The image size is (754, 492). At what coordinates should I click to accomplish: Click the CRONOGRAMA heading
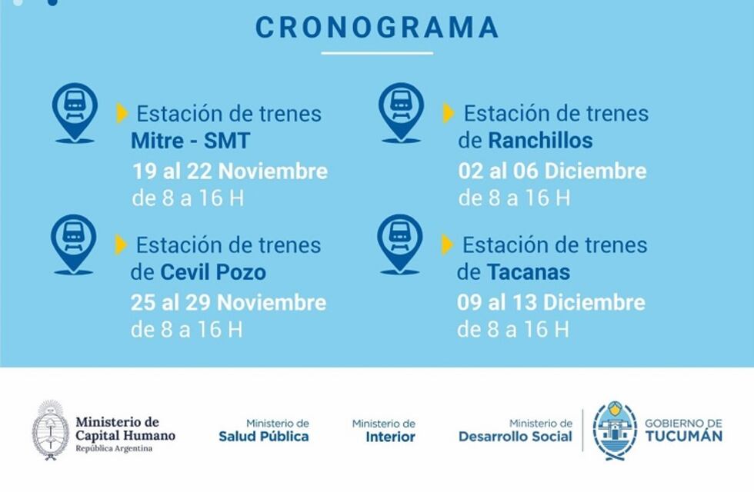coord(377,28)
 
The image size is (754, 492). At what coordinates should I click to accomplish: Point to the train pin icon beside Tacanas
coord(400,241)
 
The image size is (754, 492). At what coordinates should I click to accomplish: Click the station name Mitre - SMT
coord(191,141)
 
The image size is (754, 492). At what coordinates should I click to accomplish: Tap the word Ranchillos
coord(540,141)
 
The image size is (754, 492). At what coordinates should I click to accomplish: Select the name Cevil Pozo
coord(213,272)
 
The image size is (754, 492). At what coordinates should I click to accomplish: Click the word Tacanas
coord(528,272)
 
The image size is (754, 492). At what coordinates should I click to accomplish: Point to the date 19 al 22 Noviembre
coord(230,171)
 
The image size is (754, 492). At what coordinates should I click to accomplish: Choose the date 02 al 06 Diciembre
coord(552,170)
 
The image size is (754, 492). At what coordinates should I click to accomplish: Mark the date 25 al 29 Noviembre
coord(229,302)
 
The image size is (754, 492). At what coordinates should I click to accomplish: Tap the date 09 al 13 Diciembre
coord(551,302)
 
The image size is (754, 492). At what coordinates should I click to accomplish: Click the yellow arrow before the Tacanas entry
coord(447,244)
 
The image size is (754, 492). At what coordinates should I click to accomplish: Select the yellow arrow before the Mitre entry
coord(122,113)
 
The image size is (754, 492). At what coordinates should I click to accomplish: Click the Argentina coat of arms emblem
coord(51,430)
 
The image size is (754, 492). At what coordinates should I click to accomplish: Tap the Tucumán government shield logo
coord(615,430)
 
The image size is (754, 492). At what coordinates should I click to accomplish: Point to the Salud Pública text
coord(264,437)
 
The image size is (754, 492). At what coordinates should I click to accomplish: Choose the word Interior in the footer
coord(390,437)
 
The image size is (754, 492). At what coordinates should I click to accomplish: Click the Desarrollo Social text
coord(515,437)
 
